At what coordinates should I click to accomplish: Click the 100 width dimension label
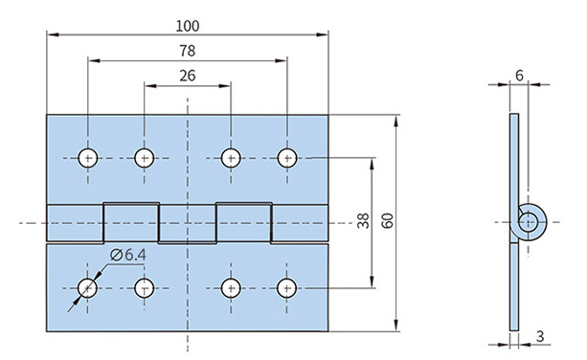pos(188,26)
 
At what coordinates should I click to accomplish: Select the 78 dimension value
pos(187,51)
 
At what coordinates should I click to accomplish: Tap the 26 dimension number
pos(187,76)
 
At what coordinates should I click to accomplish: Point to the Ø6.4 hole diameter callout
pos(128,255)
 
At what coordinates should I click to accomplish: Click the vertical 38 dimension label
pos(363,220)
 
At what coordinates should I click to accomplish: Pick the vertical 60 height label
pos(388,220)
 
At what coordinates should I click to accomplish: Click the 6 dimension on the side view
pos(519,76)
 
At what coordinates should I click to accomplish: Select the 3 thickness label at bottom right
pos(540,336)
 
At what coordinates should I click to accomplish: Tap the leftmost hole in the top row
pos(88,158)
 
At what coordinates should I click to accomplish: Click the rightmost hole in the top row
pos(287,158)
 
